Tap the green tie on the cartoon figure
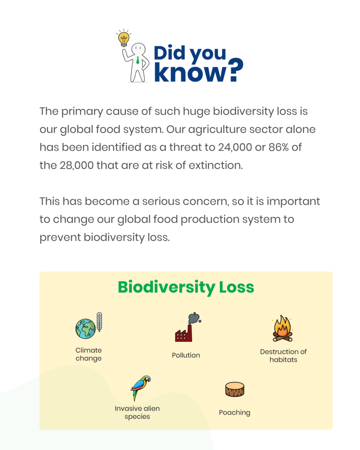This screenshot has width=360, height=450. coord(138,60)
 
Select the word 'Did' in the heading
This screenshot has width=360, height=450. coord(170,54)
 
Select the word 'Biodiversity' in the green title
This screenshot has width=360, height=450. coord(167,287)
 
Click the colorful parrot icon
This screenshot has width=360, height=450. coord(141,388)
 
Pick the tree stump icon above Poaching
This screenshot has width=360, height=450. coord(234,389)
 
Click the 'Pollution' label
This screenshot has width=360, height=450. coord(186,355)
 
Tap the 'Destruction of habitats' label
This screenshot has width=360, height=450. coord(283,356)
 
